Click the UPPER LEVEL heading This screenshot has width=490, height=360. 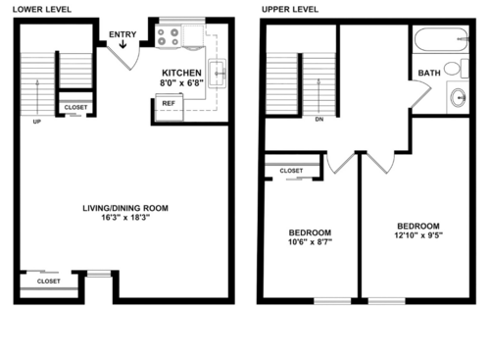290,9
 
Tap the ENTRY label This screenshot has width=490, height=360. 122,35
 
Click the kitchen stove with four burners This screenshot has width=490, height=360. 168,37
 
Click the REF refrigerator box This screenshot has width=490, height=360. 169,103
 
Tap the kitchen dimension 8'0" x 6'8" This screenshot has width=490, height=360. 181,84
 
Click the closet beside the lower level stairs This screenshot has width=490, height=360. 74,108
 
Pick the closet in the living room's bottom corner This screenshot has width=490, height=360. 48,281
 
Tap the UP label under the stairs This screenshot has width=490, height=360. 37,123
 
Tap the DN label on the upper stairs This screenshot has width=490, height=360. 319,119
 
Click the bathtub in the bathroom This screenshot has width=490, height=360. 439,42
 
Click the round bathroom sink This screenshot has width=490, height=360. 458,98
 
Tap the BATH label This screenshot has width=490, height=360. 429,73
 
